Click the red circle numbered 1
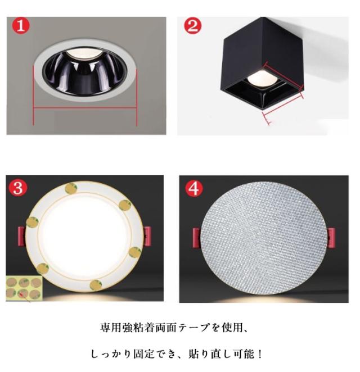[21, 26]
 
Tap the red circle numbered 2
[192, 25]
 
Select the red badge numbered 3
[18, 188]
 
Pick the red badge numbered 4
[194, 188]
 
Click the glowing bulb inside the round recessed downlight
[84, 53]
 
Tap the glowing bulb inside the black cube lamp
[261, 78]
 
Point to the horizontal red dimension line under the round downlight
[85, 107]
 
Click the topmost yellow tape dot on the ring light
[71, 188]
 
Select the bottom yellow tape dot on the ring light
[96, 285]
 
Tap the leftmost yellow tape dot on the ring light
[32, 223]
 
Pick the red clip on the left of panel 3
[22, 237]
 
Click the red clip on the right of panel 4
[331, 238]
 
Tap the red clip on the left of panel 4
[197, 238]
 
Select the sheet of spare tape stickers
[24, 288]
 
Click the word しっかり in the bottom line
[111, 354]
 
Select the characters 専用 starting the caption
[111, 328]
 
